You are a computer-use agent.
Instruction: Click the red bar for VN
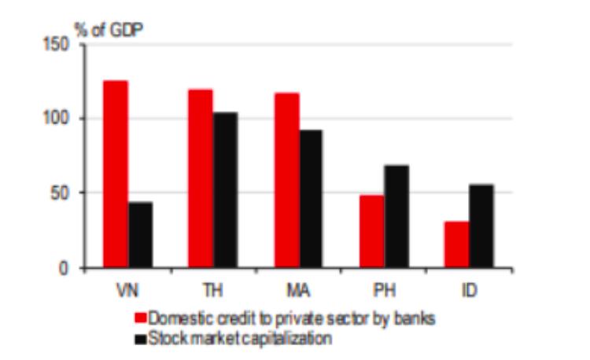pyautogui.click(x=115, y=174)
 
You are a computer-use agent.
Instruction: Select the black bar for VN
pyautogui.click(x=140, y=234)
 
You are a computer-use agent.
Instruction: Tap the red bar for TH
pyautogui.click(x=201, y=178)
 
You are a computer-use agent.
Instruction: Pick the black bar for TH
pyautogui.click(x=225, y=189)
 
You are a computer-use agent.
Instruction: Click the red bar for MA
pyautogui.click(x=286, y=180)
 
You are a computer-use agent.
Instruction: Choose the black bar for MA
pyautogui.click(x=311, y=198)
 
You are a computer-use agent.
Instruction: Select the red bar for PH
pyautogui.click(x=372, y=231)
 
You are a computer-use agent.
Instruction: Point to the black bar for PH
pyautogui.click(x=396, y=216)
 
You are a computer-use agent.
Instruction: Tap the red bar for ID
pyautogui.click(x=456, y=244)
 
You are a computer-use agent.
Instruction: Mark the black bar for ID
pyautogui.click(x=481, y=226)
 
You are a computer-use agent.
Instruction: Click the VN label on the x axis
pyautogui.click(x=127, y=290)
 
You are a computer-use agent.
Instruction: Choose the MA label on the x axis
pyautogui.click(x=299, y=290)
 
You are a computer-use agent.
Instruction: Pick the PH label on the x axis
pyautogui.click(x=385, y=290)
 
